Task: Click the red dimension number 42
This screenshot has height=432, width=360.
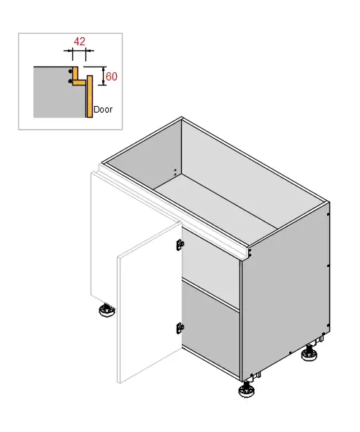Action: (x=80, y=42)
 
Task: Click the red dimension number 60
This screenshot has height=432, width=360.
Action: (x=112, y=77)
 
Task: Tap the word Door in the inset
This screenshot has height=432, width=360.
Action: (x=103, y=110)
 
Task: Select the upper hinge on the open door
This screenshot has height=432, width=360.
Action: (x=180, y=245)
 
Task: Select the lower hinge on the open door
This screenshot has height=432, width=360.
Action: (x=180, y=328)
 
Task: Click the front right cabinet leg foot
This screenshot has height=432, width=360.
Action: (x=246, y=390)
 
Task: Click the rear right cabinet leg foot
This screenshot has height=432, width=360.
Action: (x=310, y=354)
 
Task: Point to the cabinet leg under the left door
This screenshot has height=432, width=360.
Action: (x=107, y=310)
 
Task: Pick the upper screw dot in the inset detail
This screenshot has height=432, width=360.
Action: (x=70, y=71)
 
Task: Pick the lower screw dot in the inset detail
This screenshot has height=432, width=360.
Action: (x=70, y=81)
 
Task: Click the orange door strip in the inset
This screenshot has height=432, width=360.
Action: (x=89, y=96)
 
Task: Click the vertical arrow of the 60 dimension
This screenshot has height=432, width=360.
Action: (x=103, y=76)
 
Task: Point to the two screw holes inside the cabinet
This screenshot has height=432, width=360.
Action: (x=175, y=173)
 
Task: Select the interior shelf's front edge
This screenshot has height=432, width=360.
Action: (x=210, y=295)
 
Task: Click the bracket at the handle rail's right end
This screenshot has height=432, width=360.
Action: (x=250, y=253)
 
